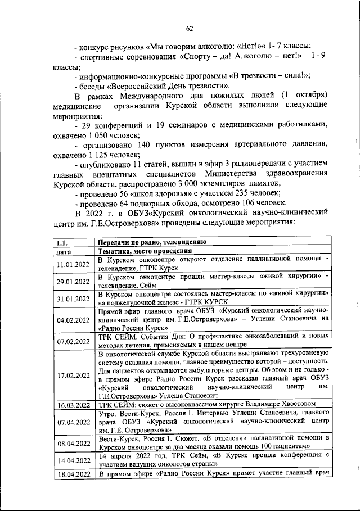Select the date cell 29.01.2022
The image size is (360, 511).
(74, 282)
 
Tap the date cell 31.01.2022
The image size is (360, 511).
(74, 299)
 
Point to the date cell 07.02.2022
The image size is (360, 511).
(74, 341)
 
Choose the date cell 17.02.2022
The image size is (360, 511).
(74, 376)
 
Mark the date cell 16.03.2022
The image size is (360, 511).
(74, 404)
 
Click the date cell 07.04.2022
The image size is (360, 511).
(74, 421)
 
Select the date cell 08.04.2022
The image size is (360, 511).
(74, 442)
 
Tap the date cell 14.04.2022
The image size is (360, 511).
(74, 459)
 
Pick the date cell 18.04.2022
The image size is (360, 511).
(74, 476)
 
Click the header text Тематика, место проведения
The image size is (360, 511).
(145, 251)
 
